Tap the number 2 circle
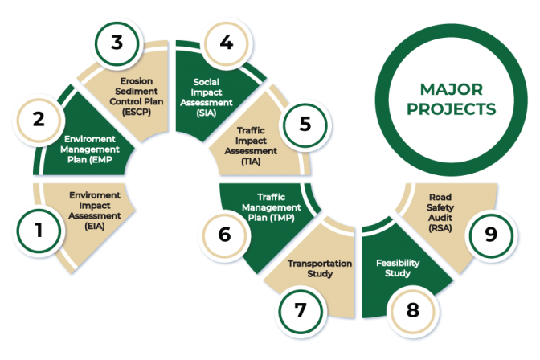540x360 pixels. click(38, 120)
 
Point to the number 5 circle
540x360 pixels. click(304, 125)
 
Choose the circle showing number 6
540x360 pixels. click(224, 235)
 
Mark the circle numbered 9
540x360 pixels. click(489, 234)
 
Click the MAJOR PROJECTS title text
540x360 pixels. click(456, 98)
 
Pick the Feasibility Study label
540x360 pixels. click(393, 268)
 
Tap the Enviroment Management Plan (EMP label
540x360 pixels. click(92, 149)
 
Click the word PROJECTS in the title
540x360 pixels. click(456, 108)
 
